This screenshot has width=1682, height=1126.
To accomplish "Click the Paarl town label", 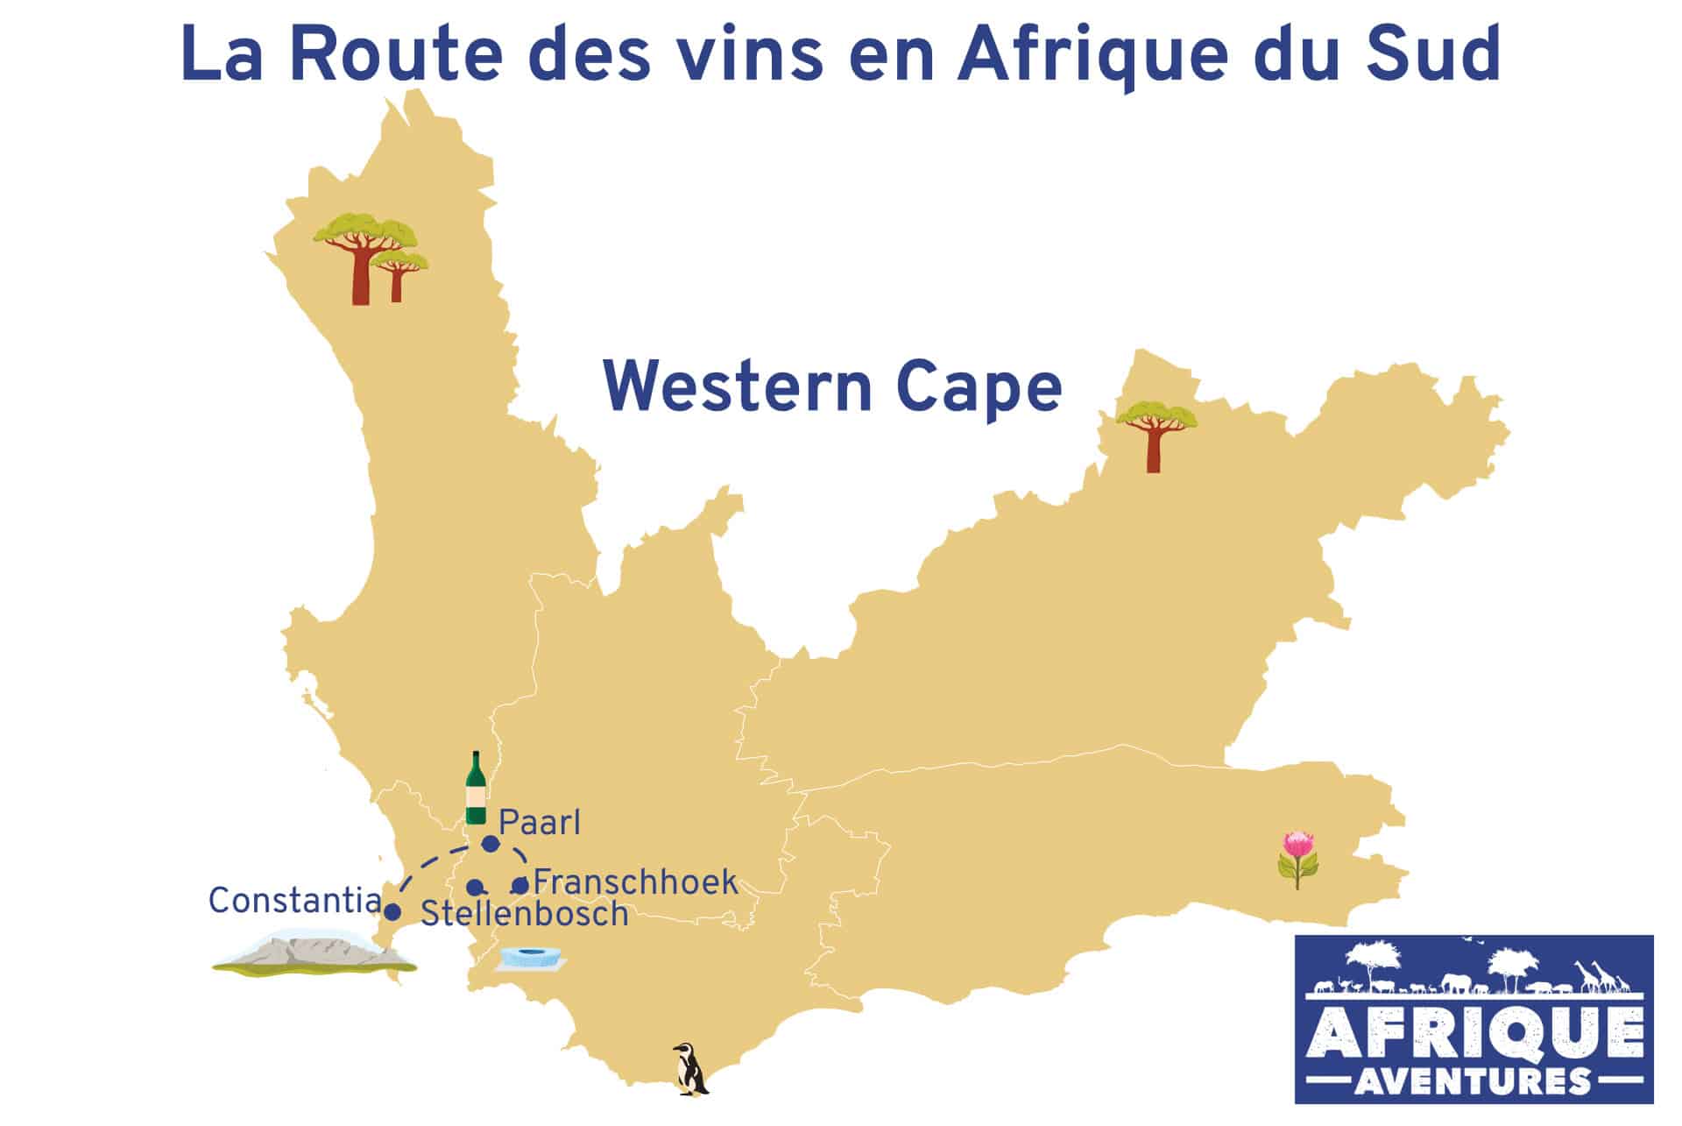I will pos(539,823).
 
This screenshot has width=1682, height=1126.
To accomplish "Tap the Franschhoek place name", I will pos(635,882).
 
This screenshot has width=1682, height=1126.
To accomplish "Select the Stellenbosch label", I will pos(525,914).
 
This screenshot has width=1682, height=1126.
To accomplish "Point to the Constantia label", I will pos(294,901).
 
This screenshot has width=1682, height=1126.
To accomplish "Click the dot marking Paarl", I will pos(491,844).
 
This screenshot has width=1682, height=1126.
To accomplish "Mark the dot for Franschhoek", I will pos(519,886).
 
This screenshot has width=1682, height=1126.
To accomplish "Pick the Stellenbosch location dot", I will pos(474,888).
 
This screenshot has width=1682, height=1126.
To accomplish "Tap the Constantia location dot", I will pos(393,911).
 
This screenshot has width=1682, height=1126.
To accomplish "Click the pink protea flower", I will pos(1298,860).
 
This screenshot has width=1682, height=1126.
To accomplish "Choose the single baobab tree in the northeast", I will pos(1153,435).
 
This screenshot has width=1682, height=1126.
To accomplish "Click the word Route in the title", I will pos(396,54).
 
